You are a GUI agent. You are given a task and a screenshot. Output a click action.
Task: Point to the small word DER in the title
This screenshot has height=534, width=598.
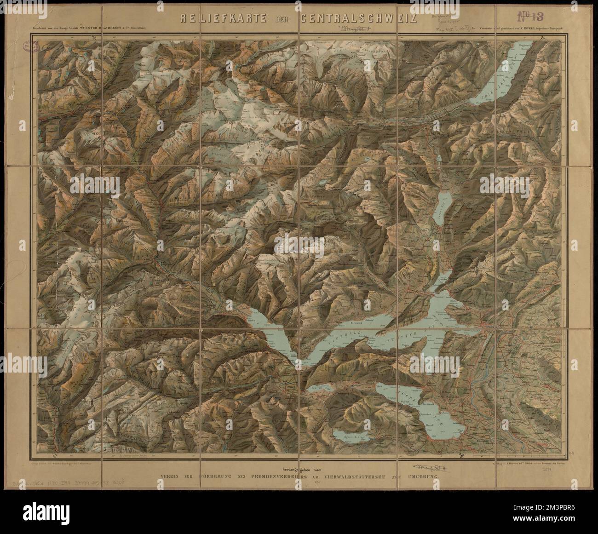[284, 19]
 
